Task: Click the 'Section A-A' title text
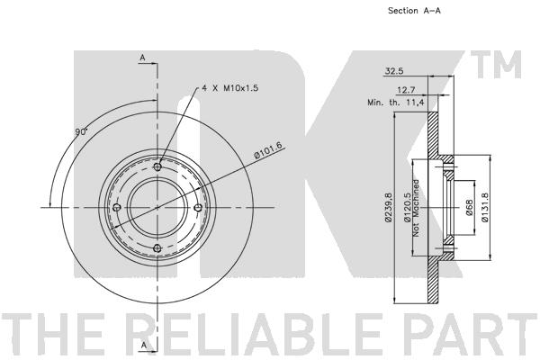pyautogui.click(x=414, y=11)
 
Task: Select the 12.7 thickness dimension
pyautogui.click(x=406, y=90)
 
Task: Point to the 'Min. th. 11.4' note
pyautogui.click(x=396, y=103)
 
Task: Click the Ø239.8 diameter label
pyautogui.click(x=389, y=207)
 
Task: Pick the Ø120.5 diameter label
pyautogui.click(x=408, y=207)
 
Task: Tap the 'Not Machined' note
pyautogui.click(x=416, y=208)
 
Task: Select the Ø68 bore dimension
pyautogui.click(x=470, y=208)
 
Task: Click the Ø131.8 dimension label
pyautogui.click(x=484, y=207)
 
